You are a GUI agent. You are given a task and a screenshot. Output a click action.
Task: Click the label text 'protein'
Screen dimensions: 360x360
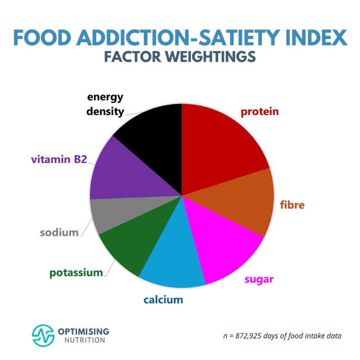(x=259, y=112)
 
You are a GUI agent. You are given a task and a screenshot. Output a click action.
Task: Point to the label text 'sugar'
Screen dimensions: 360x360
(x=259, y=279)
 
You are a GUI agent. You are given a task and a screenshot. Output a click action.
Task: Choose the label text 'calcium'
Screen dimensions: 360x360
(x=162, y=300)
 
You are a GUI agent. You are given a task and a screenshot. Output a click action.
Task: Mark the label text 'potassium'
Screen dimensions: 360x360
(x=76, y=273)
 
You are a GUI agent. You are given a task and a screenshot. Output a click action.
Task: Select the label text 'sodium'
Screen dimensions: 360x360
(x=59, y=233)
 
